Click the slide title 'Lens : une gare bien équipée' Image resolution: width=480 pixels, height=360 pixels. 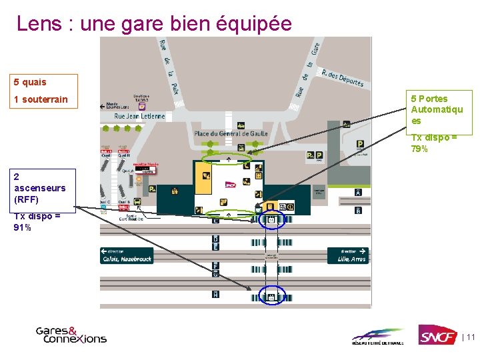click(x=154, y=23)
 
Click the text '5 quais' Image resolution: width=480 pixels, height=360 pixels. click(x=30, y=82)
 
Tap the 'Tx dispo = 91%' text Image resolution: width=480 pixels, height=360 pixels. click(x=37, y=221)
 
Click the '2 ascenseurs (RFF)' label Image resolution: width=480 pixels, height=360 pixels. click(x=39, y=188)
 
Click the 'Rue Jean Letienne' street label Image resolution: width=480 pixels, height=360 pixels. click(x=139, y=116)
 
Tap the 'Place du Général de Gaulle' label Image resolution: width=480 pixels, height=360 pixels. click(x=231, y=133)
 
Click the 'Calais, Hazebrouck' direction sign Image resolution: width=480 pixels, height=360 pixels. click(x=127, y=255)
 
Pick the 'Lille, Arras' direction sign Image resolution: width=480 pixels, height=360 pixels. click(x=348, y=255)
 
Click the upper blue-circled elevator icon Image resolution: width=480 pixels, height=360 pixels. click(x=271, y=219)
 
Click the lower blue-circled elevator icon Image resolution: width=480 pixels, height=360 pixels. click(x=271, y=296)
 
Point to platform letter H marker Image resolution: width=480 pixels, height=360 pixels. click(x=215, y=294)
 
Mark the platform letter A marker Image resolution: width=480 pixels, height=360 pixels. click(x=358, y=193)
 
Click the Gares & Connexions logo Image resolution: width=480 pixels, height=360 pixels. click(x=71, y=334)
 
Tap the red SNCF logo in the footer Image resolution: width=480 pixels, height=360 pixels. click(x=437, y=335)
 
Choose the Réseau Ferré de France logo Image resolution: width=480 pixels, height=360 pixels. click(x=378, y=336)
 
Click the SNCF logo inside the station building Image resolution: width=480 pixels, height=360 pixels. click(x=231, y=185)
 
